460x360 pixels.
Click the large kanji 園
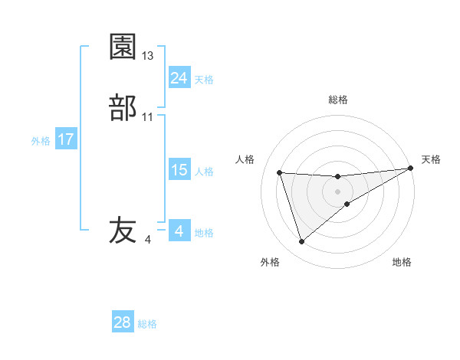123,47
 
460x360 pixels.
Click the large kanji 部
123,107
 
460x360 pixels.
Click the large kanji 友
123,230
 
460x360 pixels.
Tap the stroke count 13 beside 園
148,56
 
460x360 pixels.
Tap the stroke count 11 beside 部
148,117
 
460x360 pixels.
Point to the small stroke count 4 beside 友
147,240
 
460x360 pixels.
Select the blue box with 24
179,78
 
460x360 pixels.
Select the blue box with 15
179,170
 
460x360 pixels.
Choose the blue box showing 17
65,139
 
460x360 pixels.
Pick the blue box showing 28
123,322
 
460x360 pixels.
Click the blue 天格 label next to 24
204,80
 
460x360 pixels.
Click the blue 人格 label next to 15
204,172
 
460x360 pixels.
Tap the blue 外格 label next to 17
41,141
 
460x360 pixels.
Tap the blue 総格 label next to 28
147,324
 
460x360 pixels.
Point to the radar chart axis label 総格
338,100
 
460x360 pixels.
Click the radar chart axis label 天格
431,159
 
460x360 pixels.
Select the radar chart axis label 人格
245,159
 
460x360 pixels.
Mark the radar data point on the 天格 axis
411,168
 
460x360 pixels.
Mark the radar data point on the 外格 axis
301,242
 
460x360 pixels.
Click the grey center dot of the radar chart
338,191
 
